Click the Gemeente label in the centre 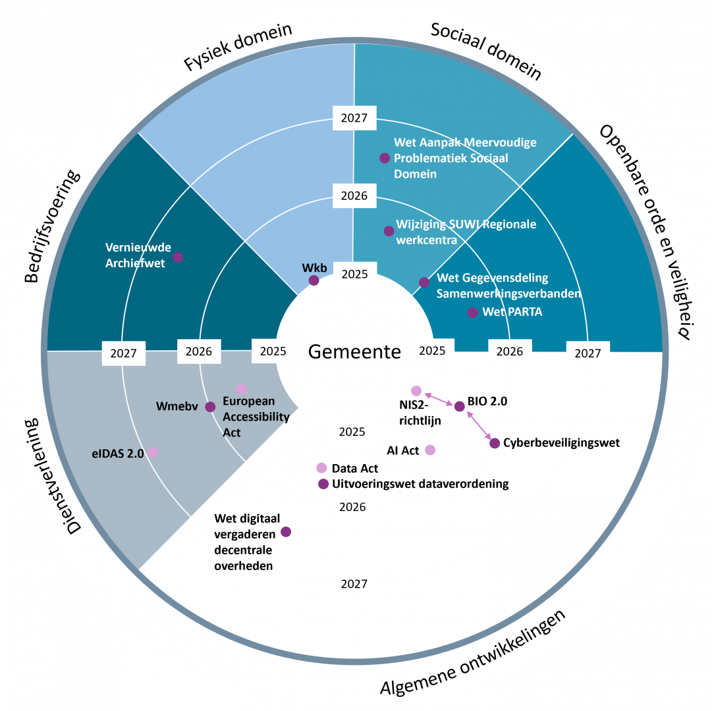coord(354,352)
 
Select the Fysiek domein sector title coord(238,47)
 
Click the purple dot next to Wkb coord(314,280)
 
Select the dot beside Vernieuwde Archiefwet coord(178,257)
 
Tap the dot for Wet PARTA coord(472,313)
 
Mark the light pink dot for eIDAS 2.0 coord(153,452)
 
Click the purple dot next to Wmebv coord(210,407)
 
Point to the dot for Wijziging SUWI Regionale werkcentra coord(389,231)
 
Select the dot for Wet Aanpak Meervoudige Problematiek coord(385,158)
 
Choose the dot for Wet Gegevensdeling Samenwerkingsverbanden coord(424,282)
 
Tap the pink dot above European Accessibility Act coord(242,389)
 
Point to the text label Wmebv coord(178,406)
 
